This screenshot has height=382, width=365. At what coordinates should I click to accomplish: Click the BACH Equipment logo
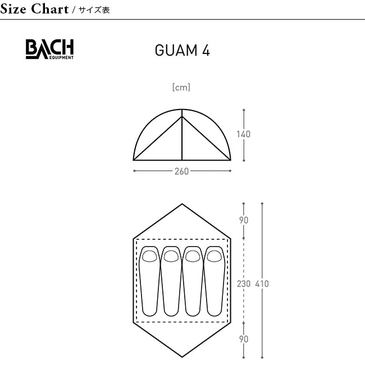pos(49,49)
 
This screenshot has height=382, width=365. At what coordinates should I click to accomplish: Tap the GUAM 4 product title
pos(182,51)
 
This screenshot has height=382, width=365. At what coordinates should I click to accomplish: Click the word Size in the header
pos(13,9)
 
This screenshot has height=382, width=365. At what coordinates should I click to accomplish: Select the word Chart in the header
pos(50,9)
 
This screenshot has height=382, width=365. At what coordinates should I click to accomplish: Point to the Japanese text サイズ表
pos(94,10)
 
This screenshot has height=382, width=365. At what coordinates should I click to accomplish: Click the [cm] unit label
pos(181,87)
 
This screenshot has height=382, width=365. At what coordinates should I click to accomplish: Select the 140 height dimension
pos(243,134)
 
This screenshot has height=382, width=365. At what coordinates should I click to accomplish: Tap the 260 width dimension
pos(181,171)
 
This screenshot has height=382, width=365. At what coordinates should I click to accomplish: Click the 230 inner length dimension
pos(244,284)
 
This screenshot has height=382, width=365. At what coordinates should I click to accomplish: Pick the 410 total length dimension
pos(262,284)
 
